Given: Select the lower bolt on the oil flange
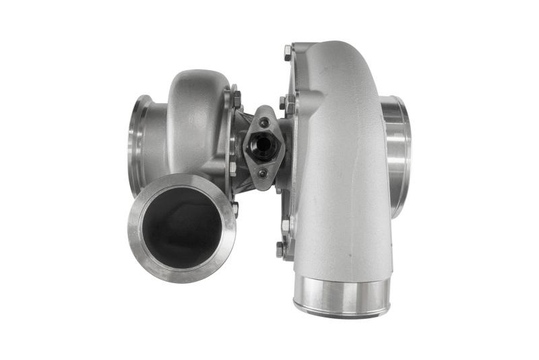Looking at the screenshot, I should (262, 172).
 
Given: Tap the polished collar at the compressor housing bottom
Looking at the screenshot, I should (342, 297).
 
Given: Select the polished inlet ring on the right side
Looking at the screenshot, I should (398, 156).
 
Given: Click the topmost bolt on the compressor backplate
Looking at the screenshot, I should (288, 50).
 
